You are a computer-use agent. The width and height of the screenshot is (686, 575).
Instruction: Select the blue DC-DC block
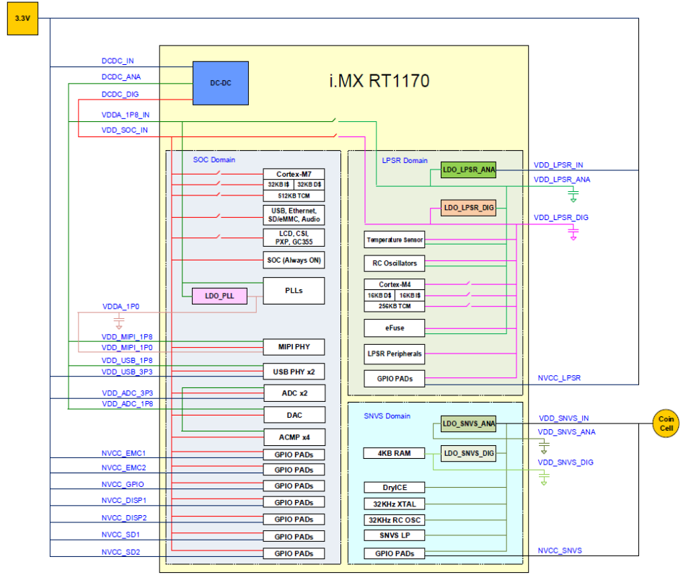point(221,82)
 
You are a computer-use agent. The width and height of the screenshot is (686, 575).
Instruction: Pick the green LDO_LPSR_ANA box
point(469,170)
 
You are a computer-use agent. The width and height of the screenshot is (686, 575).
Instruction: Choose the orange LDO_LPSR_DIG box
point(469,208)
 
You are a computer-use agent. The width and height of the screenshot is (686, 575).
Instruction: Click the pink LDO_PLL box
point(219,296)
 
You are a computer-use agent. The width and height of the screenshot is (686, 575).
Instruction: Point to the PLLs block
point(294,291)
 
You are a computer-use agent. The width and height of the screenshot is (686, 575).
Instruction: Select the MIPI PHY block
point(294,347)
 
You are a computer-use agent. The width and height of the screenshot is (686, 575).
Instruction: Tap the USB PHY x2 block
point(294,372)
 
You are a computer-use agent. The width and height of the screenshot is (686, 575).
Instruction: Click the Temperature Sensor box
point(395,240)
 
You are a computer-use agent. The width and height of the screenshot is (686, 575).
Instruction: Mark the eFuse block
point(395,328)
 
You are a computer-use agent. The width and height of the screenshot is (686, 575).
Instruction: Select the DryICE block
point(395,487)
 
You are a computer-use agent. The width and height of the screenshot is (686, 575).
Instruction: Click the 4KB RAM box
point(395,453)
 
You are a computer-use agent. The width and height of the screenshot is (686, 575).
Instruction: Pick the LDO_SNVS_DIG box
point(469,454)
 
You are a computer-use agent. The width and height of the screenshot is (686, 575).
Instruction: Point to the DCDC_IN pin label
point(118,61)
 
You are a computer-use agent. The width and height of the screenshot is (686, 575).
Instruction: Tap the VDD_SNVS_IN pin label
point(564,418)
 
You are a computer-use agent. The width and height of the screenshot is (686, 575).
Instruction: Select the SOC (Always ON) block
point(294,260)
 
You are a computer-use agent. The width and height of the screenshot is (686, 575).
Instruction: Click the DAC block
point(294,415)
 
